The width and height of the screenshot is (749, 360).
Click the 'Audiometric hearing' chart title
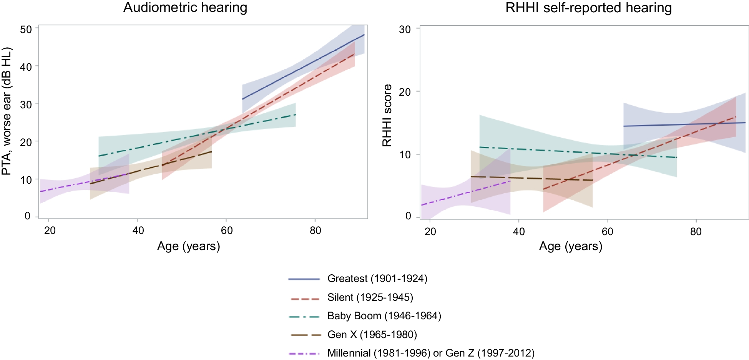185,8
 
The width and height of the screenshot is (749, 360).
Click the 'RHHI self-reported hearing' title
588,8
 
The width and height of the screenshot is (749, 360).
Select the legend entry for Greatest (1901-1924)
377,279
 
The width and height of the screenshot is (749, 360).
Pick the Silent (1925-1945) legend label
370,297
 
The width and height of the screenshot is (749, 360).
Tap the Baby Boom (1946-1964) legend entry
384,316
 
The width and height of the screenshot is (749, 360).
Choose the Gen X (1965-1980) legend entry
372,335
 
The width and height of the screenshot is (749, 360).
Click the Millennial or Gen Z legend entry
431,353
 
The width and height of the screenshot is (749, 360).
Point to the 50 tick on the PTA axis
26,29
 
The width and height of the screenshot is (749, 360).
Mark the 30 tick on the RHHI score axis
405,29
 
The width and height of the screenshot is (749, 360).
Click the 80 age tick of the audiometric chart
315,230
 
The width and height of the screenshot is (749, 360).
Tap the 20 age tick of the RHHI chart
430,231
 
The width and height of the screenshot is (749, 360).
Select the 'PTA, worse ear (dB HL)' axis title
7,111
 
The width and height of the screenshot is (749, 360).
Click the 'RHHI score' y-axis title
387,115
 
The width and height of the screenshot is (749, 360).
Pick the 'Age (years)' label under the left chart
188,246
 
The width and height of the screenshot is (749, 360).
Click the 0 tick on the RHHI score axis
408,216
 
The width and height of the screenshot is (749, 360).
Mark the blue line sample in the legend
304,279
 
